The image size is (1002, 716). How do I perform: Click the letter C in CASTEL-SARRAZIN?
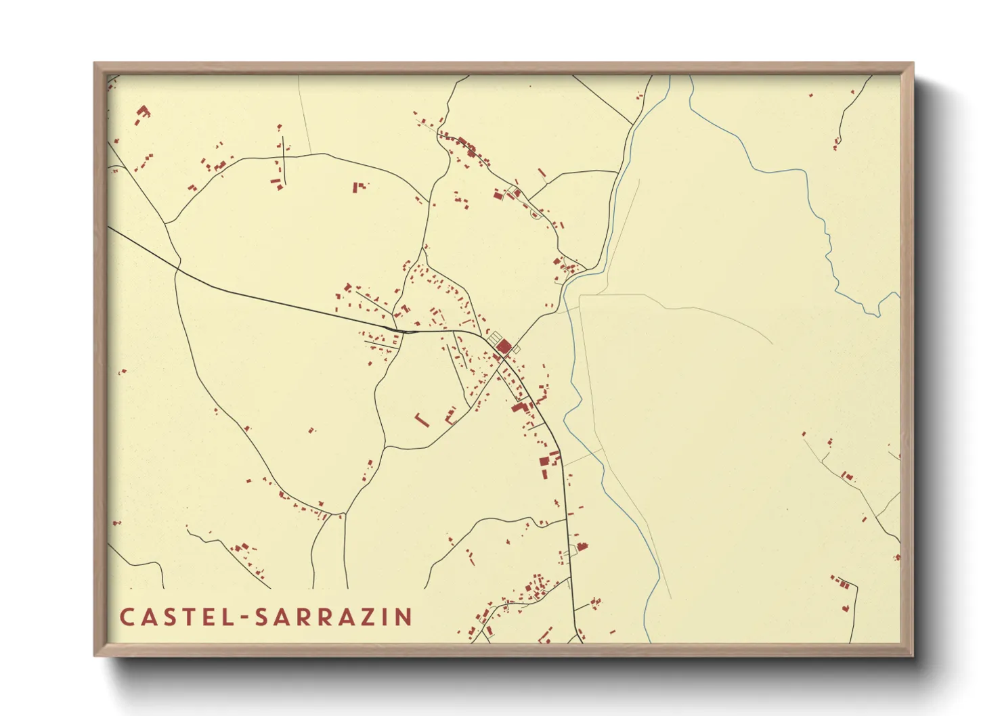coord(127,617)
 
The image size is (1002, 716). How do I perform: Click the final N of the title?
coord(404,617)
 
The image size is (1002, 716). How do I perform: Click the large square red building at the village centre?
coord(504,347)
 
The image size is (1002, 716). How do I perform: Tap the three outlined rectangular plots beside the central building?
coord(496,338)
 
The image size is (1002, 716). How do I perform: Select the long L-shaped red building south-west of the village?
coord(421,420)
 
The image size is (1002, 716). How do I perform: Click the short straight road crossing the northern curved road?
coord(284,163)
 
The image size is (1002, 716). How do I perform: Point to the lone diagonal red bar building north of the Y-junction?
coord(542,173)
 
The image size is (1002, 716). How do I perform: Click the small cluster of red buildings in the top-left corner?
coord(143,112)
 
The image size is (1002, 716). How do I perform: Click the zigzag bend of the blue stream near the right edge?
coord(879,309)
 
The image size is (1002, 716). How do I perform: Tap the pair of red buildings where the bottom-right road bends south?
coord(844,583)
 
